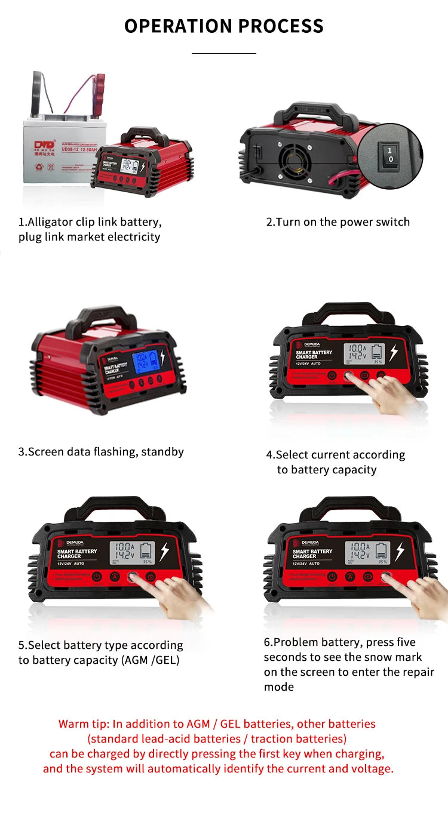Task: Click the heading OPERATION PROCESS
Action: coord(224,26)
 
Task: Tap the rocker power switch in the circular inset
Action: coord(389,155)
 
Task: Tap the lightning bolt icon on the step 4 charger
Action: coord(393,353)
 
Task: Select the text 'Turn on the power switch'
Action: coord(343,222)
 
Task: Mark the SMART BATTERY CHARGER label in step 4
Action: coord(314,355)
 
